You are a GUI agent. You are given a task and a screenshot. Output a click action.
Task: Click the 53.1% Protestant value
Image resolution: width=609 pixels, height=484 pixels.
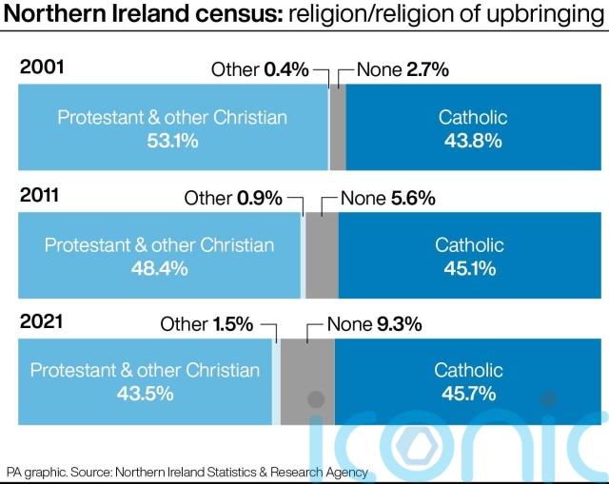point(172,141)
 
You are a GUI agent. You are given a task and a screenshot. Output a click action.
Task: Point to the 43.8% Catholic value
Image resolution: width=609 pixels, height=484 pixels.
point(473,141)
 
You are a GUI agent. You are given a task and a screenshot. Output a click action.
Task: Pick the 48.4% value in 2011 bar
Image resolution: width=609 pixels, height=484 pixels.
point(159,268)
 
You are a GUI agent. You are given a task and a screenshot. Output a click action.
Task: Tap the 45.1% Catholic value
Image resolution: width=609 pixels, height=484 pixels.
point(469,268)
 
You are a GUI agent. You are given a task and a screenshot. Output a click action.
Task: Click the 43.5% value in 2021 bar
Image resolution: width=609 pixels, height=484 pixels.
point(145,394)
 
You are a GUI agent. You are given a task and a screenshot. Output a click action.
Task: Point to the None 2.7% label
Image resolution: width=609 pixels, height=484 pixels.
point(402,69)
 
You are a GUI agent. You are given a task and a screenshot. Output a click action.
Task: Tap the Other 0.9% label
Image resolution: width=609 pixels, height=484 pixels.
point(233,198)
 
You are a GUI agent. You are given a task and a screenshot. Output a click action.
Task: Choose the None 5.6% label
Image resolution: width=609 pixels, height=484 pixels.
point(387,198)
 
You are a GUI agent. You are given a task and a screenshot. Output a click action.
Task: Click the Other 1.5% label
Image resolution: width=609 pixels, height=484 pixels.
point(206,324)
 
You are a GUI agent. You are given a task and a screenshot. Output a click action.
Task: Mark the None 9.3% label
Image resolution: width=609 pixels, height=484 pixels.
point(374,324)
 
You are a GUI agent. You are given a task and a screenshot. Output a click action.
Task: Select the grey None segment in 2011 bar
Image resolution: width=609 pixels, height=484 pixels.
point(322,256)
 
